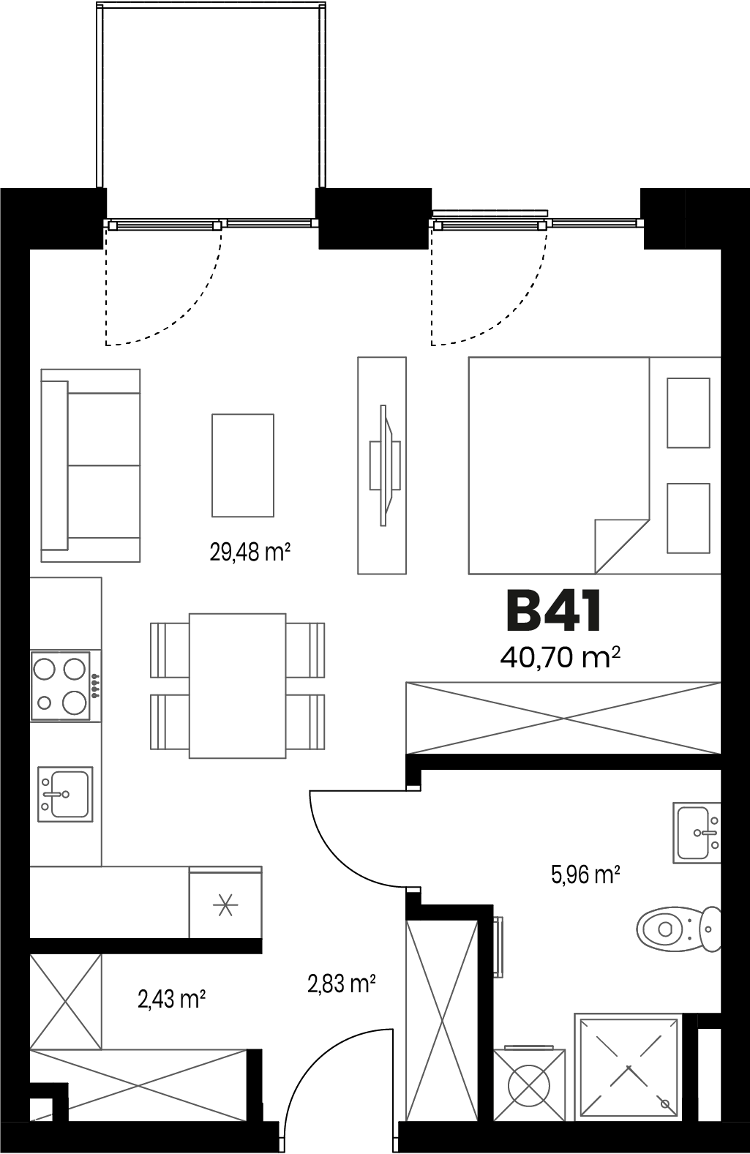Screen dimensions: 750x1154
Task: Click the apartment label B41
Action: [x=554, y=612]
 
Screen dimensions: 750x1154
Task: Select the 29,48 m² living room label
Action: [x=250, y=552]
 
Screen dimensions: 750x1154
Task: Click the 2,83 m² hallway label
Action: [x=341, y=983]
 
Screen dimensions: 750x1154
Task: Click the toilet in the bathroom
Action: [x=679, y=929]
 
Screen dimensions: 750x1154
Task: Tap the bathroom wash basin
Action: [x=697, y=833]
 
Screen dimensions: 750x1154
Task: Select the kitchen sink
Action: [x=65, y=794]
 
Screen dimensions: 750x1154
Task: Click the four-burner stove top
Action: [x=61, y=686]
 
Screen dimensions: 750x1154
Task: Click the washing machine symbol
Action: [x=530, y=1086]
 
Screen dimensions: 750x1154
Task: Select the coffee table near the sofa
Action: [x=243, y=465]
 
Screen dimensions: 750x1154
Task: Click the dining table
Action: [x=238, y=686]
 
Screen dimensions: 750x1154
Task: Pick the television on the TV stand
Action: [x=386, y=465]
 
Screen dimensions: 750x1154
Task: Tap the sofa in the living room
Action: [x=91, y=465]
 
